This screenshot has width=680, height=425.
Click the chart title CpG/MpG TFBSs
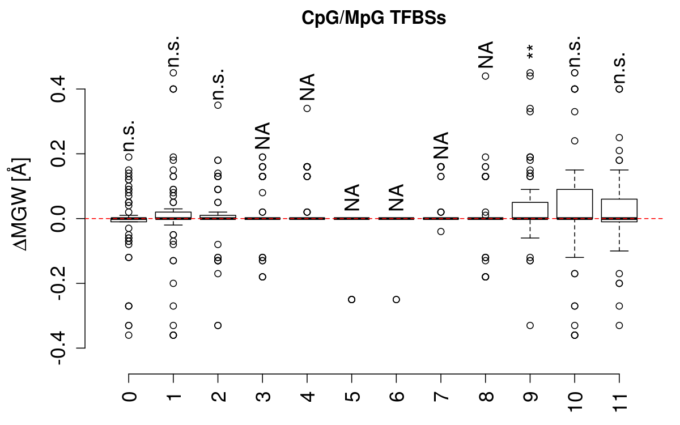tap(373, 18)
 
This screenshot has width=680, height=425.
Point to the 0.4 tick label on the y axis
tap(59, 89)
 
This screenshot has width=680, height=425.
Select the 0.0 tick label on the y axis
tap(59, 218)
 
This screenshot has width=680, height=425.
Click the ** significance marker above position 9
tap(530, 52)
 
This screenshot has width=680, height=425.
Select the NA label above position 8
tap(486, 55)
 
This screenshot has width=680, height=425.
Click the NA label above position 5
tap(352, 198)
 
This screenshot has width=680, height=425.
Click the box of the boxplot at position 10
tap(575, 204)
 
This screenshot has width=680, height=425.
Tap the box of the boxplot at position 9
tap(530, 210)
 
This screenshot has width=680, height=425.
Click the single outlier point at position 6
tap(397, 299)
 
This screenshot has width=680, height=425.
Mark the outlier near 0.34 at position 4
tap(307, 108)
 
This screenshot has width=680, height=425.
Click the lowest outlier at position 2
tap(218, 325)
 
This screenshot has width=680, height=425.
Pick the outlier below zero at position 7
tap(441, 231)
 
